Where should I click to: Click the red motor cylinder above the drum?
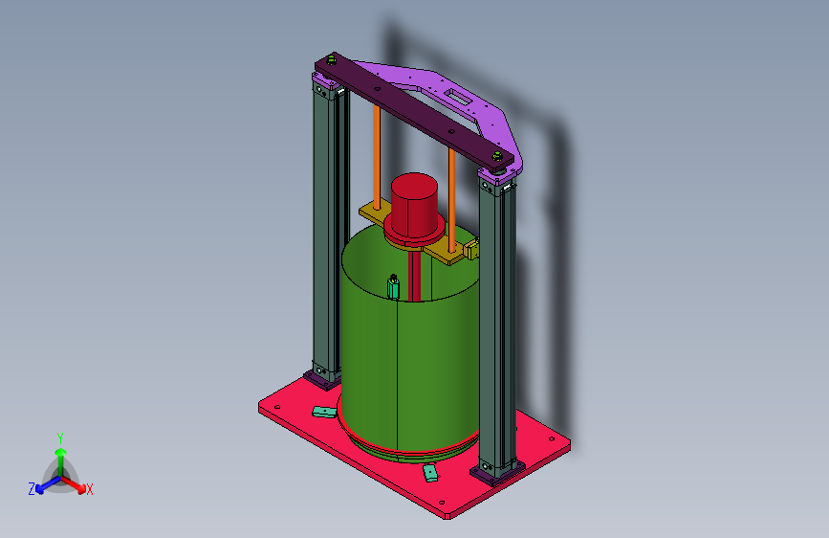(415, 205)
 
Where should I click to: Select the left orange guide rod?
(377, 157)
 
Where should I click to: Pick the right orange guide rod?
(451, 200)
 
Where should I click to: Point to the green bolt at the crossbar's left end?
(332, 59)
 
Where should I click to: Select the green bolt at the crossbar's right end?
(497, 156)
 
